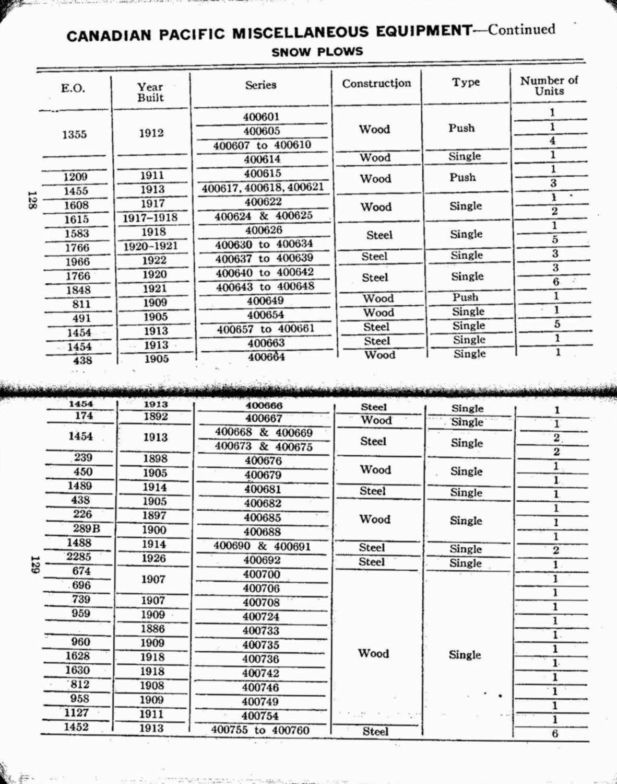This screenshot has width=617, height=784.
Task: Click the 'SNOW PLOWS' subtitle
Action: [317, 52]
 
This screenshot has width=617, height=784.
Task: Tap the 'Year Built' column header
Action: [150, 93]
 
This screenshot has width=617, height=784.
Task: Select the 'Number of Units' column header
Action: [549, 86]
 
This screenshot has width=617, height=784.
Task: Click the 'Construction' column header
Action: [376, 84]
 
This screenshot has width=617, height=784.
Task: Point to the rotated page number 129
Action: [34, 564]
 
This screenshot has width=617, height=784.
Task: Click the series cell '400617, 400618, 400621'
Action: [263, 188]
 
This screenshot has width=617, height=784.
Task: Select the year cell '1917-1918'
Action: [150, 218]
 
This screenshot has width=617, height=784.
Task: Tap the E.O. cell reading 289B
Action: [86, 529]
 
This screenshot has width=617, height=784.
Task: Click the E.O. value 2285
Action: [79, 557]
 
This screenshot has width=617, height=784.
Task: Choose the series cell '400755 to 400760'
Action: [260, 730]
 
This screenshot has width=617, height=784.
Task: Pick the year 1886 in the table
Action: [152, 629]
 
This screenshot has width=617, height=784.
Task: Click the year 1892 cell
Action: [156, 417]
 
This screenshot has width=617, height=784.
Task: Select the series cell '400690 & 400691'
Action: [262, 546]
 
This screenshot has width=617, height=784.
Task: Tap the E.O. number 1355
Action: [74, 135]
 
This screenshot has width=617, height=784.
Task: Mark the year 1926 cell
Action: [154, 558]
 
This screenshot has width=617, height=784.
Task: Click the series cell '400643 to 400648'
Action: [265, 287]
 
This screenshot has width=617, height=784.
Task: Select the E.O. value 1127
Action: [77, 713]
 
